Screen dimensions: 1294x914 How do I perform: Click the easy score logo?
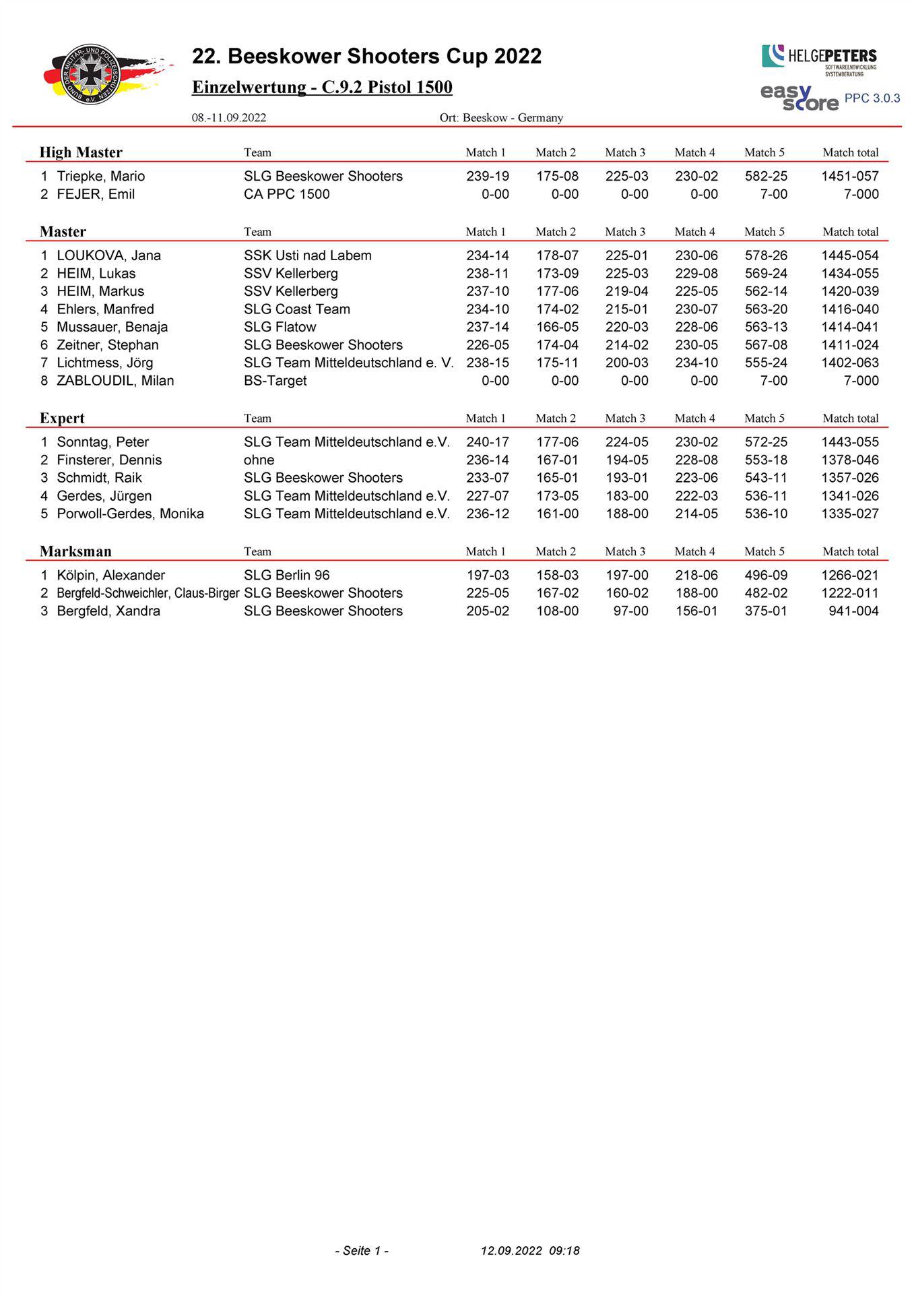pos(799,97)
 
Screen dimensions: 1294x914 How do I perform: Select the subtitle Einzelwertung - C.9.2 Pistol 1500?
pos(322,88)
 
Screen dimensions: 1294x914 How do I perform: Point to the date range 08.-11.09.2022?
pos(229,118)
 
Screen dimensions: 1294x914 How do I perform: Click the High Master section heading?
pos(81,152)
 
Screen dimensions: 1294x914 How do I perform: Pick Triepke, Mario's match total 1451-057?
pos(849,177)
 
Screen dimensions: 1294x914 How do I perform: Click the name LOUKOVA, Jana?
pos(108,255)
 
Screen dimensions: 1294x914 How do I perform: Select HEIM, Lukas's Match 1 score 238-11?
pos(487,274)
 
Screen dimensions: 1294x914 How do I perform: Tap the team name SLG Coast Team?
pos(297,309)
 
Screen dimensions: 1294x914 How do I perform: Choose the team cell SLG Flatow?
pos(280,327)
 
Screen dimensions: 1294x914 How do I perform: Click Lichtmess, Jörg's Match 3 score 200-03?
pos(626,363)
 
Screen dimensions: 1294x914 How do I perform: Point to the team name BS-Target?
pos(275,381)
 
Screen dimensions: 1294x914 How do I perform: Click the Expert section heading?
pos(62,419)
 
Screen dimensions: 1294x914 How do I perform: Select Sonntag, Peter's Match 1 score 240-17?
pos(487,442)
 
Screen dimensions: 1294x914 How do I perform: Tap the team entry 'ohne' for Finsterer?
pos(259,460)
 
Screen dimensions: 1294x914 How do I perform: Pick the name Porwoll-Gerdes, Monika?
pos(130,514)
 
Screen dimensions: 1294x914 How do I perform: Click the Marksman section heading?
pos(75,551)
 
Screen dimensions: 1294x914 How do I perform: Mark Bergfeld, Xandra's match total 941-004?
pos(853,611)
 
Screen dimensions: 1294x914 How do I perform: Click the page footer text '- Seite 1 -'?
pos(362,1251)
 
